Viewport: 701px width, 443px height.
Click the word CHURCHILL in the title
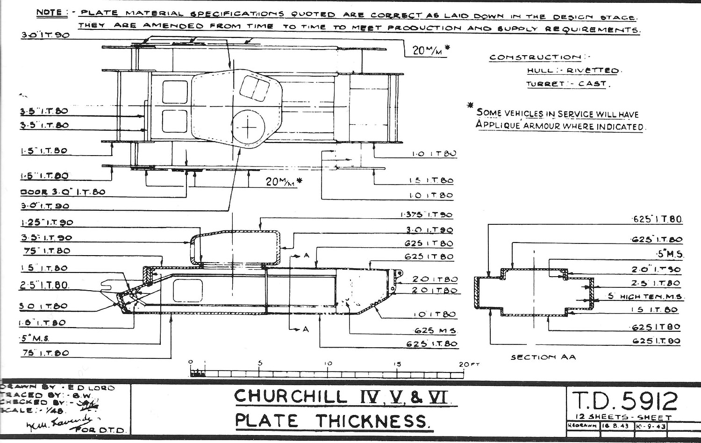(290, 397)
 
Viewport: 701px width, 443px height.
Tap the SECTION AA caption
(543, 357)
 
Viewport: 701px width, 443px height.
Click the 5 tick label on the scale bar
(260, 363)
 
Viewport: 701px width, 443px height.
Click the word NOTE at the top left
(49, 13)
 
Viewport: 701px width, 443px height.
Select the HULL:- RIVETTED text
(573, 71)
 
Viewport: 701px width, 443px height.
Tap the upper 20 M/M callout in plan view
(427, 50)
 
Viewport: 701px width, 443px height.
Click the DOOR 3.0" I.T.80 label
(63, 192)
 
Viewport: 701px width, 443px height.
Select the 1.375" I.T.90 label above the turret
(426, 214)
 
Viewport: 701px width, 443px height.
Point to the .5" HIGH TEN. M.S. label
(645, 296)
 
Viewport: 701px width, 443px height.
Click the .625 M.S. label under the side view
(435, 330)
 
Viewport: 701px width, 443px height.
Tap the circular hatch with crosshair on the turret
(249, 127)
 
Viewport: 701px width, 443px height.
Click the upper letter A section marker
(306, 256)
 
